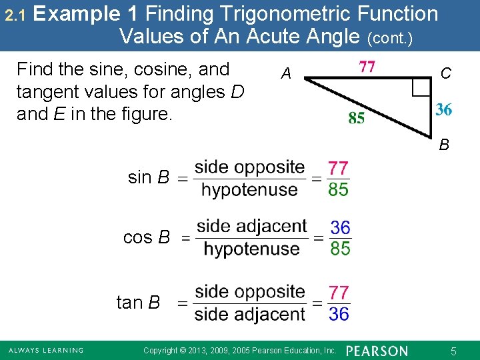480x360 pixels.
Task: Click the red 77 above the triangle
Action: (367, 67)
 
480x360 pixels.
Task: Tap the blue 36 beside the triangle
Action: (444, 110)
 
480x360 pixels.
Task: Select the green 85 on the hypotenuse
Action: (357, 118)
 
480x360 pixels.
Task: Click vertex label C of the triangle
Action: (445, 73)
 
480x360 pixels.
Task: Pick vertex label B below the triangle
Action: (443, 145)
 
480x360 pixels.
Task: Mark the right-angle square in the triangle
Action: (421, 87)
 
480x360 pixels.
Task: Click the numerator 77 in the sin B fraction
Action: (338, 167)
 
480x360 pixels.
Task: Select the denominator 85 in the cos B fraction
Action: (340, 249)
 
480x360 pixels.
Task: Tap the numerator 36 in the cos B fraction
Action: (340, 227)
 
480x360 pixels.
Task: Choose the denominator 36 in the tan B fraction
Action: (339, 314)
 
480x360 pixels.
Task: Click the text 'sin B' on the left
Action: (148, 177)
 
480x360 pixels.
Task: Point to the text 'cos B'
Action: (147, 237)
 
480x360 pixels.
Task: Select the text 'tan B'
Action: (139, 303)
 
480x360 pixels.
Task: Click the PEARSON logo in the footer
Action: (377, 351)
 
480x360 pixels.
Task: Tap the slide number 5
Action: (453, 351)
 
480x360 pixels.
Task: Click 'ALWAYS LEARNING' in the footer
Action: (45, 351)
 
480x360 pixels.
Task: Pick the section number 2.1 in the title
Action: (14, 14)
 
